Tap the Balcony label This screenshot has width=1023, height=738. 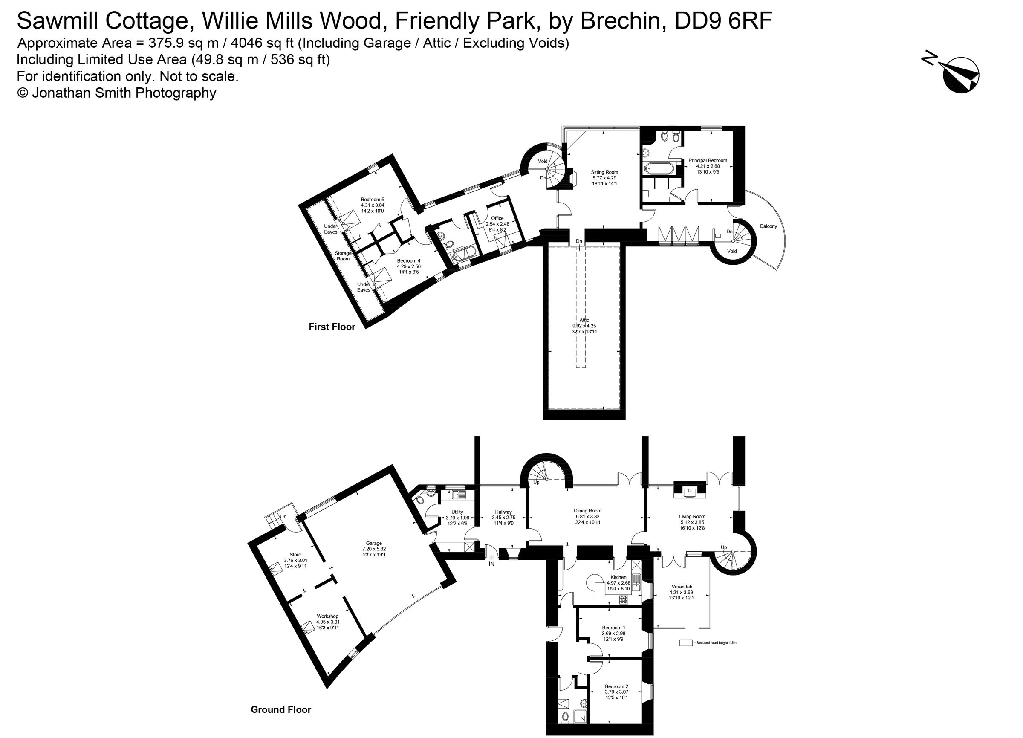pos(769,226)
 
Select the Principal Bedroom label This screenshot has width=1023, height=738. pos(708,160)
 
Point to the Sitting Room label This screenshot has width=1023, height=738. pos(604,172)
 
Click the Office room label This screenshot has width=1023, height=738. pos(497,218)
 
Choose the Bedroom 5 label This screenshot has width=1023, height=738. pos(372,200)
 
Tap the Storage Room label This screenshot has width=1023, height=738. pos(343,256)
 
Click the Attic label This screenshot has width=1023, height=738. pos(584,320)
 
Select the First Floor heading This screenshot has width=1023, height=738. pos(332,327)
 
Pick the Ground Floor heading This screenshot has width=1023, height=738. pos(280,709)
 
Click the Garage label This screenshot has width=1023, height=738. pos(374,543)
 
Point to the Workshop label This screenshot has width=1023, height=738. pos(327,616)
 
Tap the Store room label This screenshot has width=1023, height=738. pos(295,554)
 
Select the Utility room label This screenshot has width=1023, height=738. pos(457,512)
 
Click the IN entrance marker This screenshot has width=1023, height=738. pos(491,564)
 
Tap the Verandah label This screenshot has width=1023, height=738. pos(681,586)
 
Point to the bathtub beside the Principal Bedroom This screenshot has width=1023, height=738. pos(660,169)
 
